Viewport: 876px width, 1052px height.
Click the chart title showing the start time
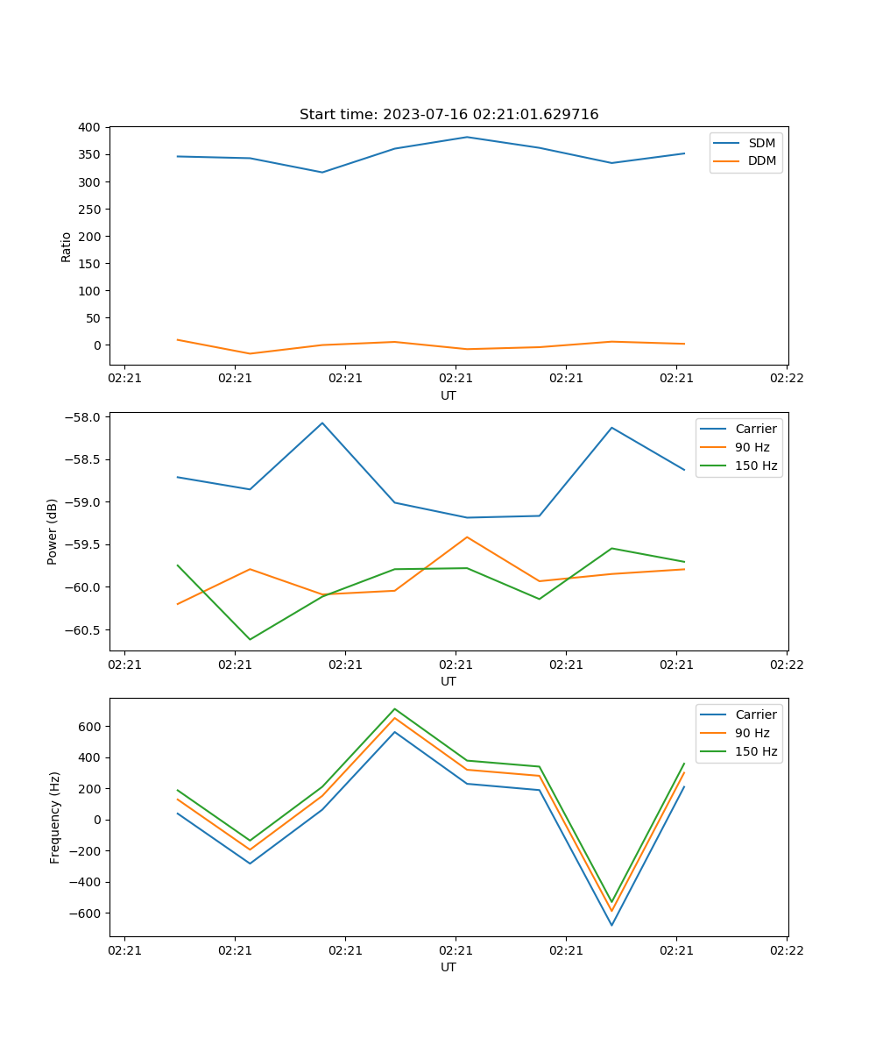(449, 115)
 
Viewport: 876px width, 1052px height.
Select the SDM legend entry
(761, 143)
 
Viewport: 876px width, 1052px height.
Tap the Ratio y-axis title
(67, 246)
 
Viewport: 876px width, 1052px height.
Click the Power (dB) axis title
(53, 531)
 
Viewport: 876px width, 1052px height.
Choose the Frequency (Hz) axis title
(54, 817)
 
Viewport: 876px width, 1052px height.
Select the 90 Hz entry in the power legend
(752, 447)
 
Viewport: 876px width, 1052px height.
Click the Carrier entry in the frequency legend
(755, 714)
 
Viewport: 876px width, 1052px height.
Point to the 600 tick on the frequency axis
(90, 727)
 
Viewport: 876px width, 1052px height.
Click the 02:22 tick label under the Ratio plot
(787, 379)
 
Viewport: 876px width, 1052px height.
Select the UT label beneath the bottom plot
(449, 967)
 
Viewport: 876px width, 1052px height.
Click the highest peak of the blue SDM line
(467, 137)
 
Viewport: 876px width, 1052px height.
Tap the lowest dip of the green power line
(251, 639)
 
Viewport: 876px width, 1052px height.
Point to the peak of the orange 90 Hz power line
(467, 537)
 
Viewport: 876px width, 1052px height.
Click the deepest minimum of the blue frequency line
(611, 925)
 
